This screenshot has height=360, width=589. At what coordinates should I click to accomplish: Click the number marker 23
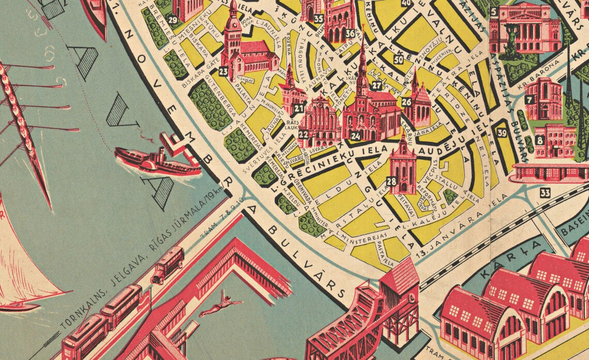(x=224, y=71)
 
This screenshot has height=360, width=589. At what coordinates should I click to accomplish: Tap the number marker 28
(x=391, y=181)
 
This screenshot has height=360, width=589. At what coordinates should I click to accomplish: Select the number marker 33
(x=545, y=193)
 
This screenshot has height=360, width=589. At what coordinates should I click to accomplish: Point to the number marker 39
(x=501, y=132)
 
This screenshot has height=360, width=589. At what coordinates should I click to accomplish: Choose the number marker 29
(x=173, y=20)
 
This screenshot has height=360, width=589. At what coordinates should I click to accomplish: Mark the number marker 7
(x=530, y=99)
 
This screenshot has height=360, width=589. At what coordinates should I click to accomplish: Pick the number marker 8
(x=540, y=140)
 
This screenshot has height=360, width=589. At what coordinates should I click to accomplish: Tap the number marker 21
(x=299, y=108)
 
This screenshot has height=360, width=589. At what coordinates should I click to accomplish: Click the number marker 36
(x=350, y=34)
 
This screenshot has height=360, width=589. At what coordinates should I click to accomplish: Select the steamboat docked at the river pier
(x=155, y=159)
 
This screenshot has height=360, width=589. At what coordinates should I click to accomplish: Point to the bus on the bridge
(x=168, y=264)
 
